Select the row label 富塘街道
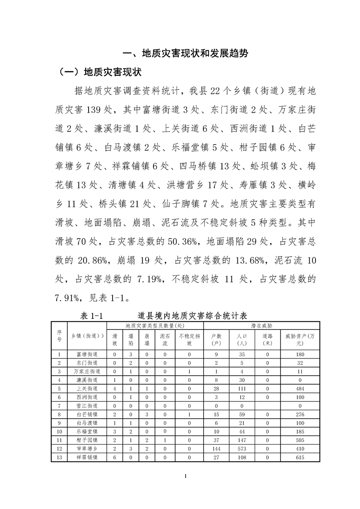pyautogui.click(x=86, y=354)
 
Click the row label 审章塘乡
pyautogui.click(x=86, y=449)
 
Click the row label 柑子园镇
pyautogui.click(x=86, y=440)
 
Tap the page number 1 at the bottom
pyautogui.click(x=180, y=476)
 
